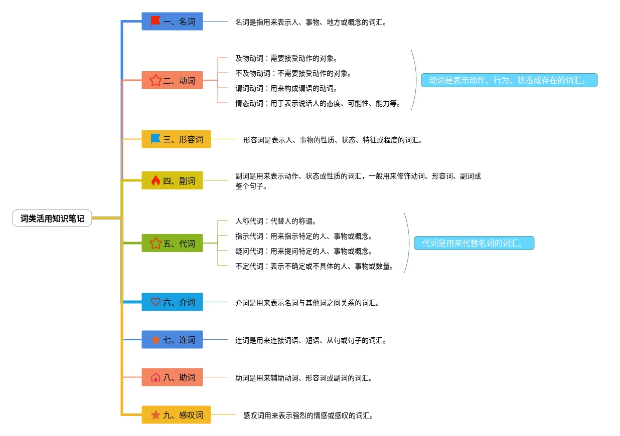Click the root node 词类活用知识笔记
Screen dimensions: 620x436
[x=52, y=219]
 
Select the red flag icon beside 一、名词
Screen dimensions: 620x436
[x=156, y=21]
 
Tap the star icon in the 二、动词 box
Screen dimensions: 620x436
[x=156, y=80]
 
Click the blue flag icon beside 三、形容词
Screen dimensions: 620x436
[x=156, y=139]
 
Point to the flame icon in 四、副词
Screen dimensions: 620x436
[x=156, y=180]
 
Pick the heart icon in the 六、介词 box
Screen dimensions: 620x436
[x=156, y=302]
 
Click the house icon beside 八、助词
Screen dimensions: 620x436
[x=156, y=377]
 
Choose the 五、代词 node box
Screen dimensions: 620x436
[x=172, y=243]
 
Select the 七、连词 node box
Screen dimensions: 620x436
[x=172, y=339]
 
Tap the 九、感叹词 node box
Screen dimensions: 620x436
[x=176, y=414]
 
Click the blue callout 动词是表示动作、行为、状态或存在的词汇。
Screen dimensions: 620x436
[x=509, y=80]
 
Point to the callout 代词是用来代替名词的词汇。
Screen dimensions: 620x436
[x=474, y=243]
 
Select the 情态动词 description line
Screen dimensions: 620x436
[x=318, y=103]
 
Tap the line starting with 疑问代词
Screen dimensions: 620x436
[x=304, y=251]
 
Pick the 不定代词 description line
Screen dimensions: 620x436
[x=315, y=266]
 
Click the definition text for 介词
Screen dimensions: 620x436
[x=307, y=302]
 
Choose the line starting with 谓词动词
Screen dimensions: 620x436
[x=286, y=88]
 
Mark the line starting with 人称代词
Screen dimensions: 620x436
[x=276, y=221]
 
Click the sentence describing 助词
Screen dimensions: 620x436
[x=304, y=377]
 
